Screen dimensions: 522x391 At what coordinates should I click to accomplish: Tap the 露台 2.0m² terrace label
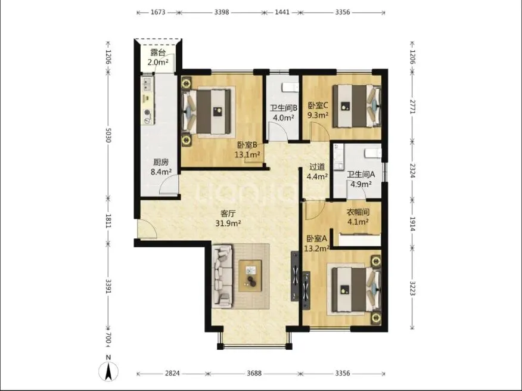click(x=158, y=57)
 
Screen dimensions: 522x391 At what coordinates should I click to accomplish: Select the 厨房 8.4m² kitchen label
click(x=161, y=167)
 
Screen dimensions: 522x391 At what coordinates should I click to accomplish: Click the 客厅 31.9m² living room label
click(x=228, y=218)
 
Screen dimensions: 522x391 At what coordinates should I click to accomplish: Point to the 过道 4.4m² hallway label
click(x=317, y=172)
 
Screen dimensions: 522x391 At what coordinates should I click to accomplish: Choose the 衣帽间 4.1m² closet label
click(x=358, y=217)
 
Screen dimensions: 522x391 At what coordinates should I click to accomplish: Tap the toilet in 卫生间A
click(x=373, y=153)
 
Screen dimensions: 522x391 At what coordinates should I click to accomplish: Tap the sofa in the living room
click(x=222, y=275)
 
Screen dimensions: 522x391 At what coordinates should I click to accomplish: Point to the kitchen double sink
click(x=147, y=84)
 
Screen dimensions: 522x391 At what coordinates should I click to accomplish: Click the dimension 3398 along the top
click(x=222, y=13)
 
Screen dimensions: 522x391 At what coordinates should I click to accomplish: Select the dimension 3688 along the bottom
click(x=254, y=373)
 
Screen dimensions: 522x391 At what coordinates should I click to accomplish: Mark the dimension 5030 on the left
click(x=108, y=135)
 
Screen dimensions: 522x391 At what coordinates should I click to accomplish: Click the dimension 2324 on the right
click(x=412, y=170)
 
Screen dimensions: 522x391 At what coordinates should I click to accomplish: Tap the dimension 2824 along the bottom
click(x=172, y=373)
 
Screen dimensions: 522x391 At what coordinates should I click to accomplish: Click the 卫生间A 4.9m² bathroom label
click(x=361, y=179)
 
